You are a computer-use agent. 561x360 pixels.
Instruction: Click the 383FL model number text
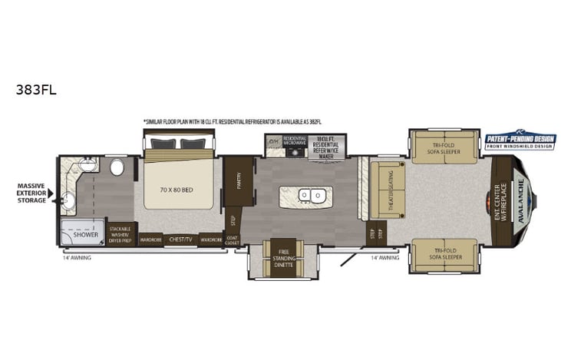pos(35,88)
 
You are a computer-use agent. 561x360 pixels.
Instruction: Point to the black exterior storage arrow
pos(51,194)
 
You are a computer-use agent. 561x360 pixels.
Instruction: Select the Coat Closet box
pos(232,239)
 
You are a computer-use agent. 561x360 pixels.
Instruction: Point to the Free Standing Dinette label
pos(283,257)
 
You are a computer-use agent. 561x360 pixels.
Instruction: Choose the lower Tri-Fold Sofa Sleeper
pos(444,256)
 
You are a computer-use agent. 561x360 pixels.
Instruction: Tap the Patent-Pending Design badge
pos(519,140)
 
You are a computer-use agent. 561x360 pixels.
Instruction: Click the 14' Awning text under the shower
pos(76,257)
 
